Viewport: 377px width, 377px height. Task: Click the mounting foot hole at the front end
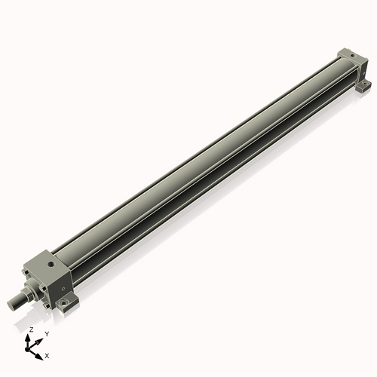point(76,305)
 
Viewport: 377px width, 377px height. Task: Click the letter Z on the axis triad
point(30,330)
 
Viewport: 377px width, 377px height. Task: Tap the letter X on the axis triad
point(48,354)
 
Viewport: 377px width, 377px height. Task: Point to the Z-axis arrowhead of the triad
point(30,337)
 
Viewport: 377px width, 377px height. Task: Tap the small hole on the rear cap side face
point(360,67)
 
